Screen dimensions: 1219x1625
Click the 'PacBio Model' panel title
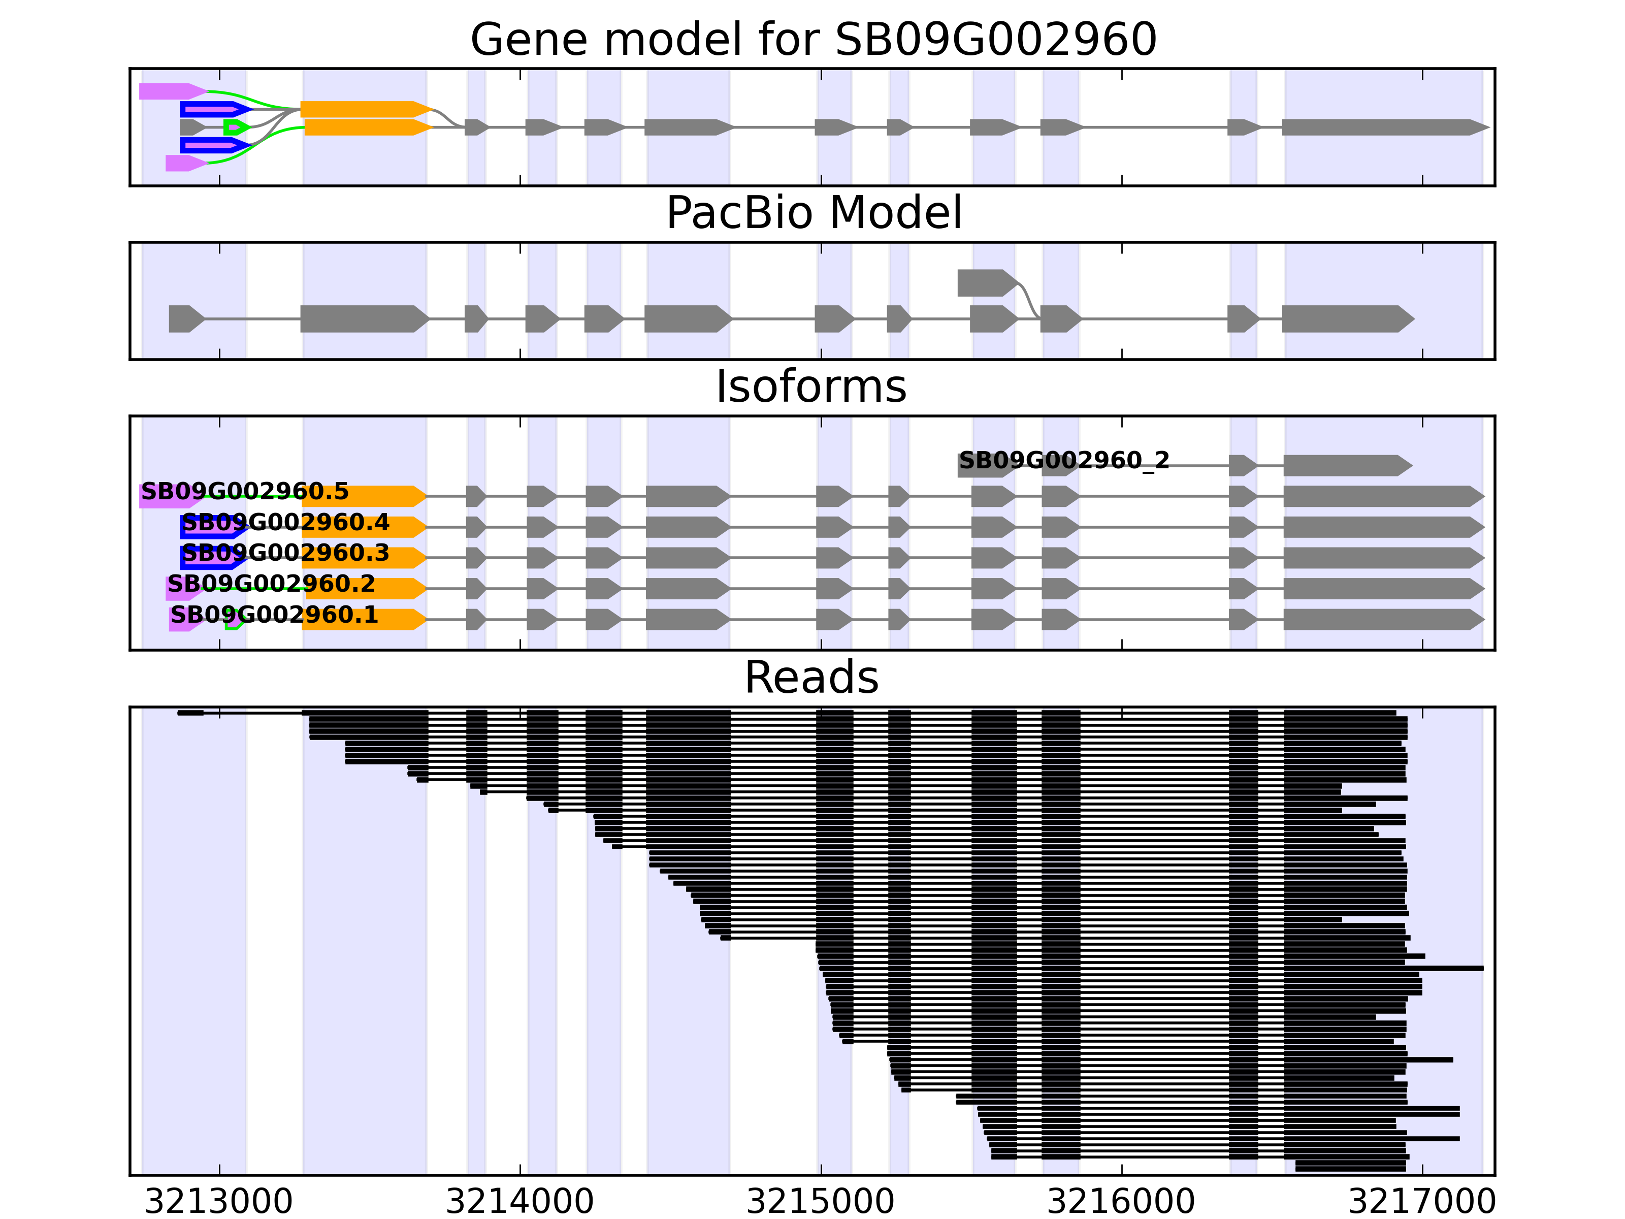point(812,213)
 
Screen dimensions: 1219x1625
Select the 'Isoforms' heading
point(811,387)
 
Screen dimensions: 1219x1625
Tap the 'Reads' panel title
point(811,678)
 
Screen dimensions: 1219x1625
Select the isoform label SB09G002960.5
point(245,492)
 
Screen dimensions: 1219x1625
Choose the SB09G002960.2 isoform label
point(271,584)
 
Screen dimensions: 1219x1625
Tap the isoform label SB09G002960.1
point(274,615)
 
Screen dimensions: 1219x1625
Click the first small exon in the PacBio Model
point(185,319)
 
